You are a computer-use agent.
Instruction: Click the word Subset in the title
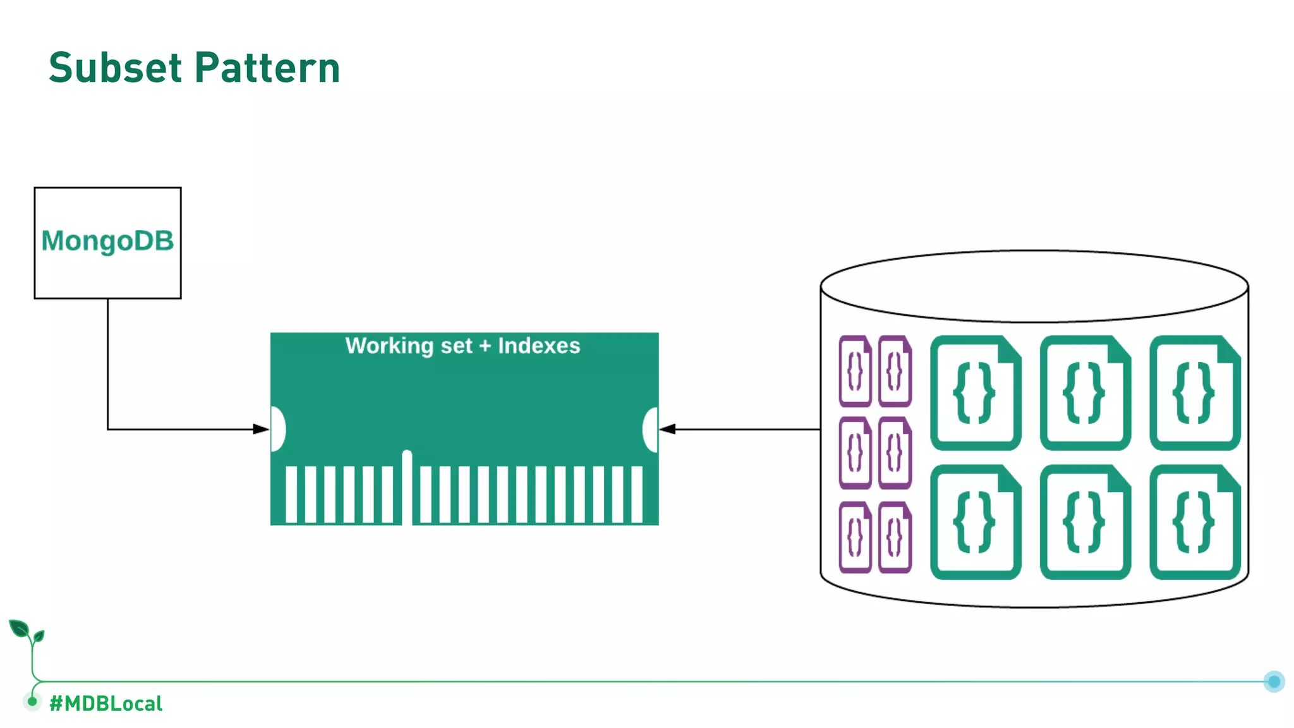click(115, 68)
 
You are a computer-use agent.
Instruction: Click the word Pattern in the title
click(267, 68)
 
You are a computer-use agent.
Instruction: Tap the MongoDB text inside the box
click(107, 241)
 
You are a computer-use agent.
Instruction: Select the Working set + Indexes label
click(463, 346)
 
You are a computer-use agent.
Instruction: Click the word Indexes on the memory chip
click(539, 346)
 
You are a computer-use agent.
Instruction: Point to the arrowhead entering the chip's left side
click(261, 429)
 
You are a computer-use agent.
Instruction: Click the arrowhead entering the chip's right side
click(667, 429)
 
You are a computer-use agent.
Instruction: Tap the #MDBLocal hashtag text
click(106, 703)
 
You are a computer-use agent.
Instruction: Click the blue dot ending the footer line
click(1274, 681)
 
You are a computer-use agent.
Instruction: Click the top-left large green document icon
click(976, 392)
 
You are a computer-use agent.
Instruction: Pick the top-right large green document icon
click(1195, 392)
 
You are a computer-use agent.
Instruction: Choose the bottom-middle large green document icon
click(1085, 522)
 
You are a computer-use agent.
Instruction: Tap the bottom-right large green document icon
click(1195, 522)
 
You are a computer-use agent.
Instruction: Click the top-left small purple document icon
click(855, 371)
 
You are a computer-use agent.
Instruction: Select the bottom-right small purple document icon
click(895, 537)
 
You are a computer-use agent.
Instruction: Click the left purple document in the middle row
click(855, 453)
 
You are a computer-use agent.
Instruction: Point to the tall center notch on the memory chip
click(407, 483)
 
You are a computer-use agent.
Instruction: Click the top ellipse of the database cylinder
click(1034, 286)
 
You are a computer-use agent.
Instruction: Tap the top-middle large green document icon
click(1085, 392)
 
